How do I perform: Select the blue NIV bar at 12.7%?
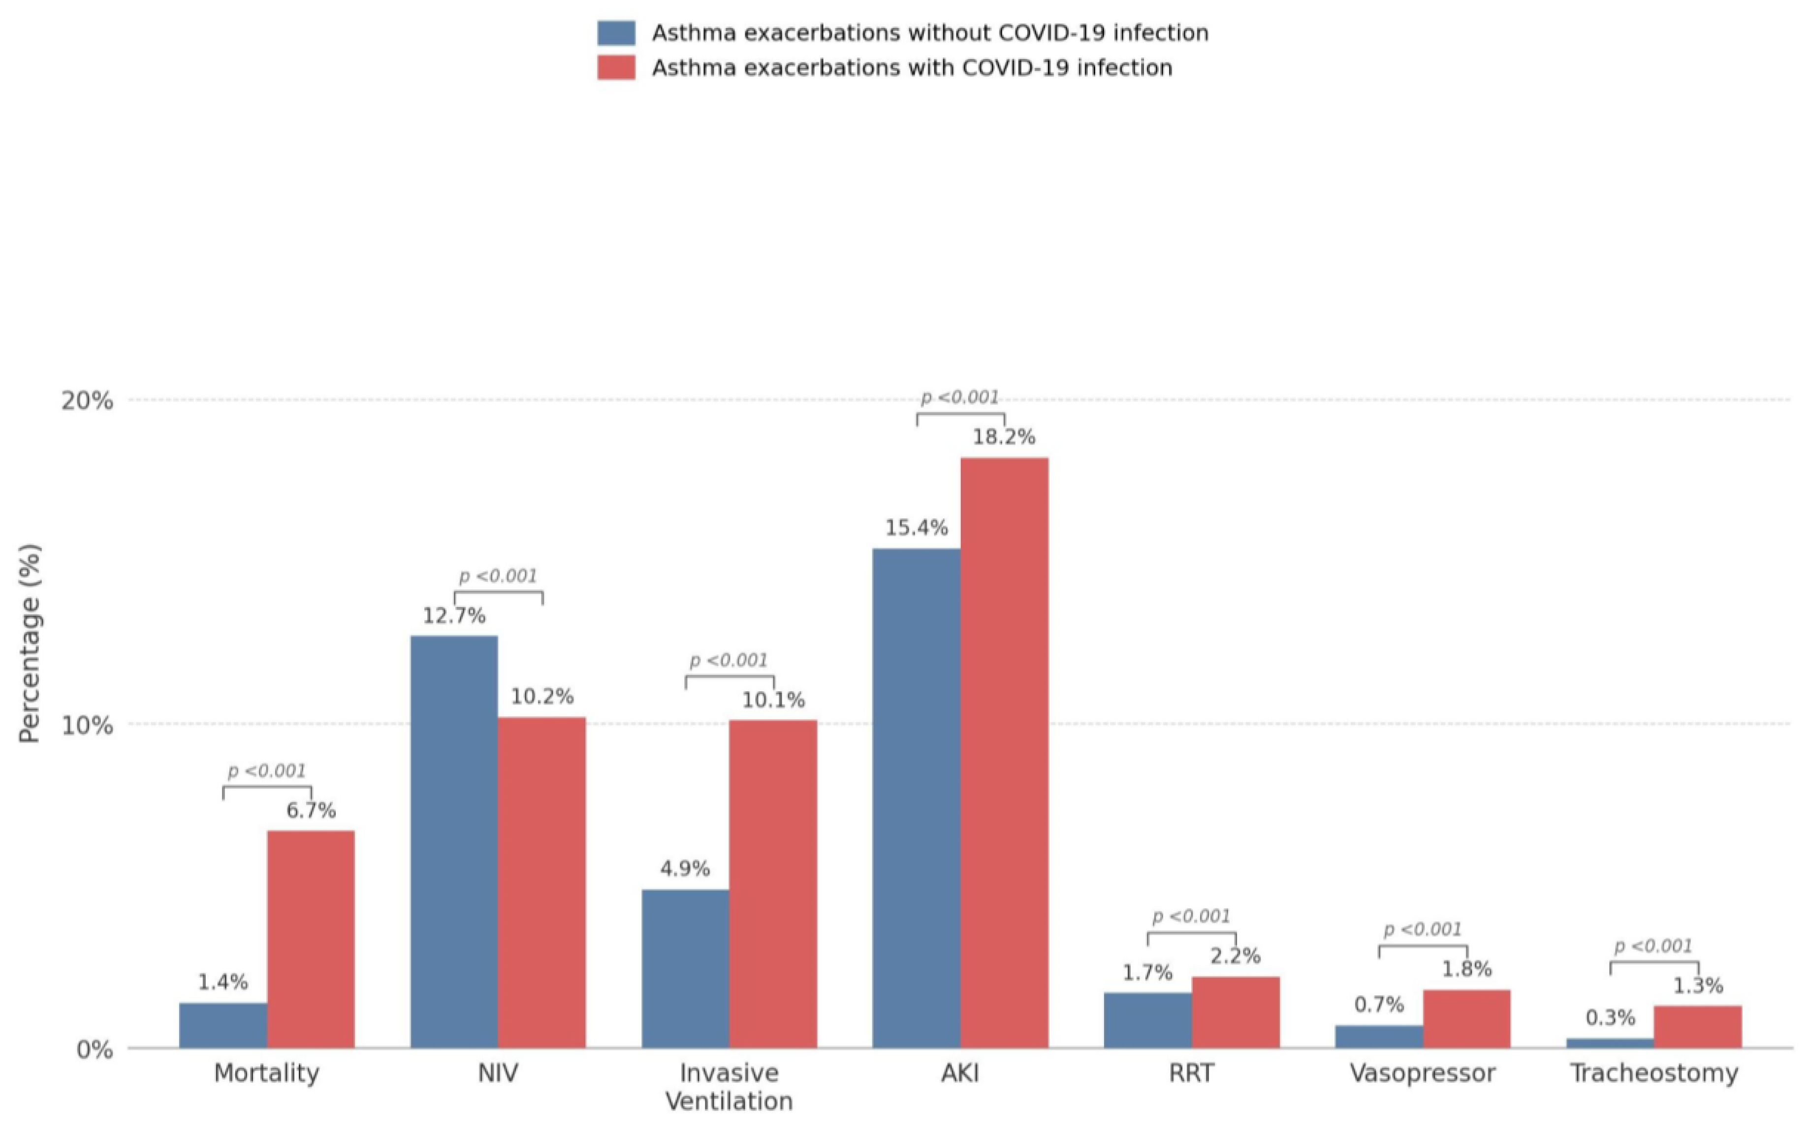click(454, 842)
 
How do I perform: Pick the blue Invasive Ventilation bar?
click(685, 969)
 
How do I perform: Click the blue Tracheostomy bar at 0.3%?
click(1610, 1043)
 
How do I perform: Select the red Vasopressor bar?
click(1466, 1019)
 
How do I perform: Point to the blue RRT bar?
click(1148, 1020)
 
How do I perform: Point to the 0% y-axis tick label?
click(95, 1050)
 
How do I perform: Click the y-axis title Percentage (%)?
click(30, 643)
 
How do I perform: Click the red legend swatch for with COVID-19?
click(616, 67)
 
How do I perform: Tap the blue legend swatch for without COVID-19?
click(616, 32)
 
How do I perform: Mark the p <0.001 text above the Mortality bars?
click(267, 771)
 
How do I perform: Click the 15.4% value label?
click(916, 528)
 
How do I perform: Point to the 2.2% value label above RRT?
click(1236, 956)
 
